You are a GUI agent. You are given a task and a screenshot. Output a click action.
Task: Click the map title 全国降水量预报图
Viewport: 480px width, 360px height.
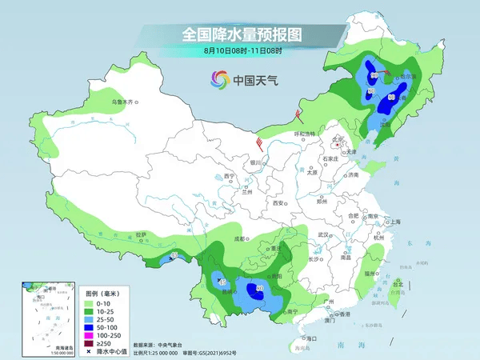tap(239, 34)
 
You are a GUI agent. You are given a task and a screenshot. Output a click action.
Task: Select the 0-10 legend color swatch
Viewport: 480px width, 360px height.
tap(89, 304)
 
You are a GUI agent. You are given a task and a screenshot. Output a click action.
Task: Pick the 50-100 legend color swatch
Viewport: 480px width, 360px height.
tap(89, 328)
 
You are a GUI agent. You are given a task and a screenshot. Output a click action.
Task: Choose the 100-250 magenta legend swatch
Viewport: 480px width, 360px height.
tap(89, 336)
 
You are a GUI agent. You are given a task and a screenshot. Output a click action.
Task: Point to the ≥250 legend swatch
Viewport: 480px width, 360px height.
tap(89, 344)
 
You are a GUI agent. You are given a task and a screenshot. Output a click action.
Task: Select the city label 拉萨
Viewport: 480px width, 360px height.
tap(141, 234)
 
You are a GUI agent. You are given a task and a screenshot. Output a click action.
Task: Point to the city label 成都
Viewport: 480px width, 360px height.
tap(240, 238)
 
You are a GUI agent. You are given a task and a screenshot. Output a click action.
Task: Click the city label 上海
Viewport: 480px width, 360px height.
tap(393, 222)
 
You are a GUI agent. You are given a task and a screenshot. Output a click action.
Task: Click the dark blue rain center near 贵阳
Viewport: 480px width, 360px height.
tap(260, 290)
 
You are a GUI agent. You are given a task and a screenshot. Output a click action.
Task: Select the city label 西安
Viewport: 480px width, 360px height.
tap(278, 203)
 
